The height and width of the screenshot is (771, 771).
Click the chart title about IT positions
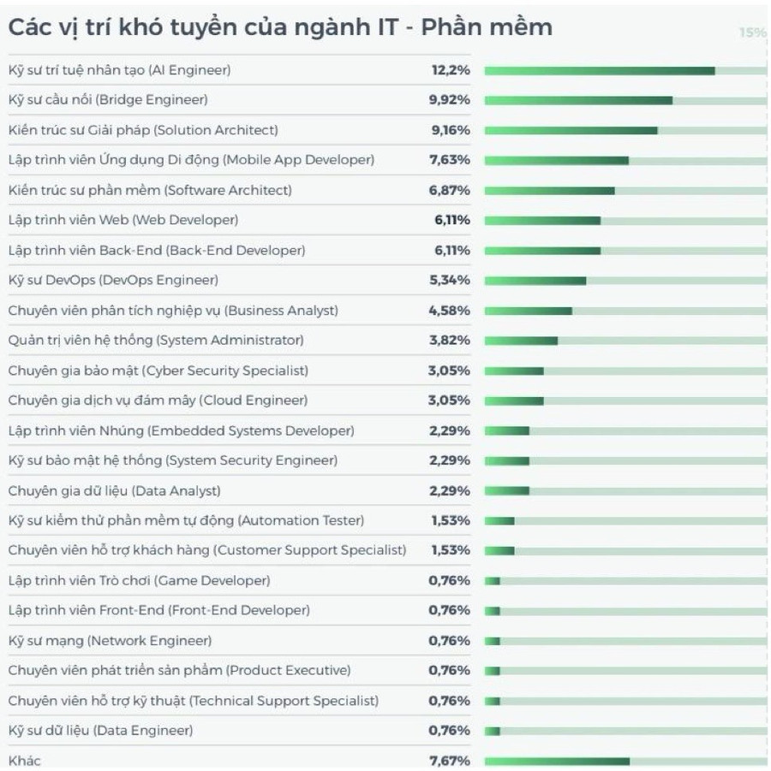coord(280,27)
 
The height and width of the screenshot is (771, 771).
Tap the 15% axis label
coord(752,33)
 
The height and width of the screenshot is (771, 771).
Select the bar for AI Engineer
coord(599,70)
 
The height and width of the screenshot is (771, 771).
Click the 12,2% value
coord(450,70)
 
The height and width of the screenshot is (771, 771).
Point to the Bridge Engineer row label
coord(108,100)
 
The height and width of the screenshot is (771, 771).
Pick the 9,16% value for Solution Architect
coord(450,130)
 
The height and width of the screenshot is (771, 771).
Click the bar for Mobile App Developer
coord(556,160)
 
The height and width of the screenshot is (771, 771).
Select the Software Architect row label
coord(150,190)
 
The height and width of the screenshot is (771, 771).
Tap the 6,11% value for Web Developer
coord(451,220)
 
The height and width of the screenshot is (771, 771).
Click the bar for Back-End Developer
coord(542,251)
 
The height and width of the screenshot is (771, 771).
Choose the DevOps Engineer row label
coord(113,280)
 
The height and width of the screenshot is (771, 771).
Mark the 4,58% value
coord(450,310)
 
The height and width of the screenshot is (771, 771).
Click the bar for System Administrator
coord(521,341)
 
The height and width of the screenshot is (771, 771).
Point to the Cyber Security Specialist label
coord(158,371)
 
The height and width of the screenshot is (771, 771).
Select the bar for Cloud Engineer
coord(514,400)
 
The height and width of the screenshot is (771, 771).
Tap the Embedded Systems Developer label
coord(181,430)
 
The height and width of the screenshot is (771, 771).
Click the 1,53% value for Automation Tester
coord(450,520)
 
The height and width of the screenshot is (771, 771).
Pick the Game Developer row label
coord(139,580)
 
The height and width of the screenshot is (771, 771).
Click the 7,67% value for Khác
coord(450,761)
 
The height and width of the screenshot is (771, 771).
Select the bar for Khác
coord(557,761)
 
